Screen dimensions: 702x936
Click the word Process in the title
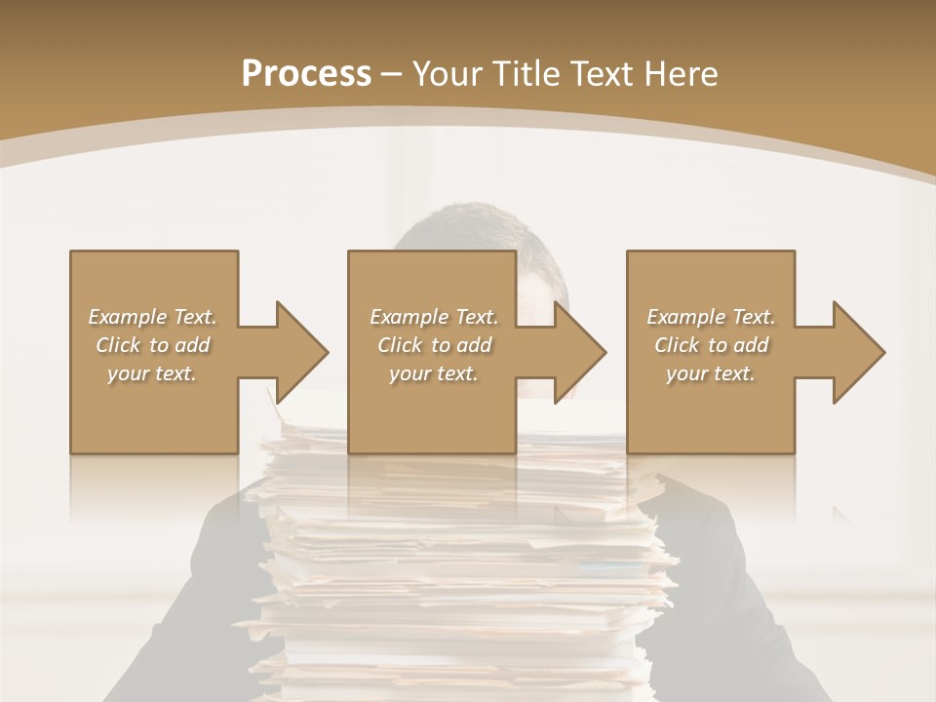(306, 74)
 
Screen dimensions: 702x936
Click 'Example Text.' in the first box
(152, 317)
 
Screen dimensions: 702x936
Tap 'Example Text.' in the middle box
(434, 317)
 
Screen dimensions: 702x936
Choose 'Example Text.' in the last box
(711, 317)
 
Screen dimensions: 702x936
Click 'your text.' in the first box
(152, 373)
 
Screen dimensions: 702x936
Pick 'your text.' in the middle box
(434, 373)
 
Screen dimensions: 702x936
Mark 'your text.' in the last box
(711, 373)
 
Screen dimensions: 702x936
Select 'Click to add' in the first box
(152, 345)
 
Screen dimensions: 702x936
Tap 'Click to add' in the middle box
(434, 345)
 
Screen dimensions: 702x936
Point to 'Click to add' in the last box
(711, 345)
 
